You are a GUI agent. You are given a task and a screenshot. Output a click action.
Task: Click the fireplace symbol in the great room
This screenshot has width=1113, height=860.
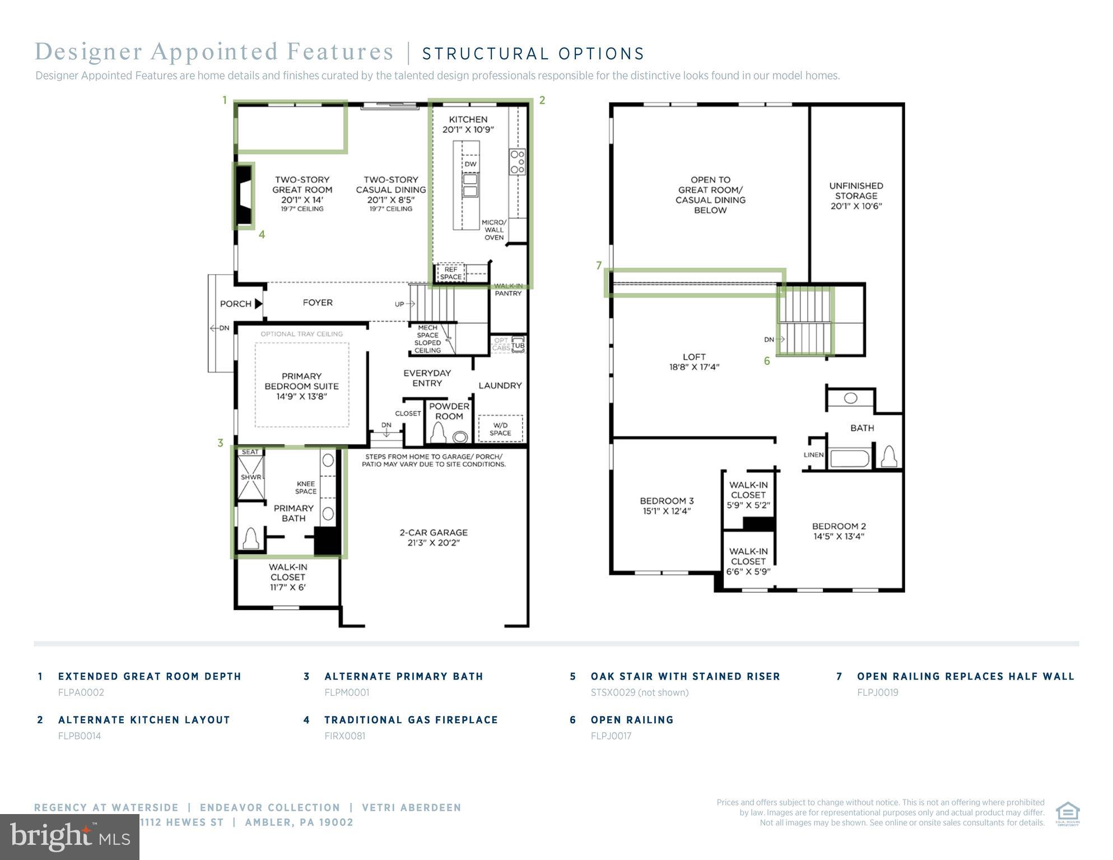(243, 196)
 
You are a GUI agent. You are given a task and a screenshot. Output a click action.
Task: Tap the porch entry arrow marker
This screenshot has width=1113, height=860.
(258, 304)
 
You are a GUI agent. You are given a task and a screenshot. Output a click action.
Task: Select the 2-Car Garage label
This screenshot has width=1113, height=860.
(434, 537)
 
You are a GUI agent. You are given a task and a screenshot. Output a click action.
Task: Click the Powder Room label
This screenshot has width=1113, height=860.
(449, 411)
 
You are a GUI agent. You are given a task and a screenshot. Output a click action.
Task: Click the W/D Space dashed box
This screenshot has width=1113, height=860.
(500, 428)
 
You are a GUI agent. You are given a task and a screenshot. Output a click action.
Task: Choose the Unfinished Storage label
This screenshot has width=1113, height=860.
(856, 196)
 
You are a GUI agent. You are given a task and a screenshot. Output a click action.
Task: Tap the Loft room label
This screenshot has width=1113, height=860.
(694, 361)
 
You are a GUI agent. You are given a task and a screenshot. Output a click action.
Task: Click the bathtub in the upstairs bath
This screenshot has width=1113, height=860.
(850, 458)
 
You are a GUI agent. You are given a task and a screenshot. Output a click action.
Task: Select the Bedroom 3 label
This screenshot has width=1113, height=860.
(667, 505)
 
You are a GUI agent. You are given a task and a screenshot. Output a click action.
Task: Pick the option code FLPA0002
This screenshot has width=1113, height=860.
(81, 692)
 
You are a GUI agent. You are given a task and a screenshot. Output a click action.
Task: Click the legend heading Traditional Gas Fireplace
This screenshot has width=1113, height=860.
(411, 720)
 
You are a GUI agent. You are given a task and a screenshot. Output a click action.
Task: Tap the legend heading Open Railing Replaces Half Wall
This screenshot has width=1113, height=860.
(966, 676)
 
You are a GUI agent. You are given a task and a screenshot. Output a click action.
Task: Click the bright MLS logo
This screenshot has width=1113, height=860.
(69, 837)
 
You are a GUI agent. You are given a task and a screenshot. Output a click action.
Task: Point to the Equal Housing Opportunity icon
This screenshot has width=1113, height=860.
(1068, 814)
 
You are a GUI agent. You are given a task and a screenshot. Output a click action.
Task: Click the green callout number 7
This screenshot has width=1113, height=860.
(599, 266)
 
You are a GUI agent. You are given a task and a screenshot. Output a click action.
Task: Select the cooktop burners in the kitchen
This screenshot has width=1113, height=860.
(517, 161)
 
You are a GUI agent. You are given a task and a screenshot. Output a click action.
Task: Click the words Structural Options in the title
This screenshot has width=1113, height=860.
(533, 54)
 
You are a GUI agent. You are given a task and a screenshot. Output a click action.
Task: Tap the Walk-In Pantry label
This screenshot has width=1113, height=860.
(508, 290)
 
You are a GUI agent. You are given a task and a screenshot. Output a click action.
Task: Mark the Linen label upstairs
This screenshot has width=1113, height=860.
(813, 454)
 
